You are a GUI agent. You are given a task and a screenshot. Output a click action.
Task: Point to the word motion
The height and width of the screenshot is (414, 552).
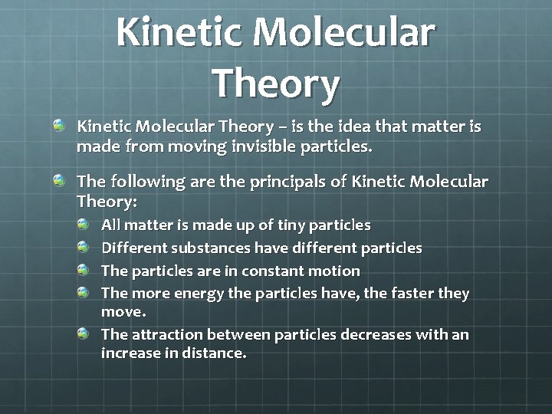point(335,271)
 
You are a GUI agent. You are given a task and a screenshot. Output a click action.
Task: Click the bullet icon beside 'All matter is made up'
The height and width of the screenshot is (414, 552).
point(84,225)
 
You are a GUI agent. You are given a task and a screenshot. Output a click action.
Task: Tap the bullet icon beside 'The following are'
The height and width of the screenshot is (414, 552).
point(59,181)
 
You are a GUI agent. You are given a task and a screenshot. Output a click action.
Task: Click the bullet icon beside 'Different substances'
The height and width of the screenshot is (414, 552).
point(84,247)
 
